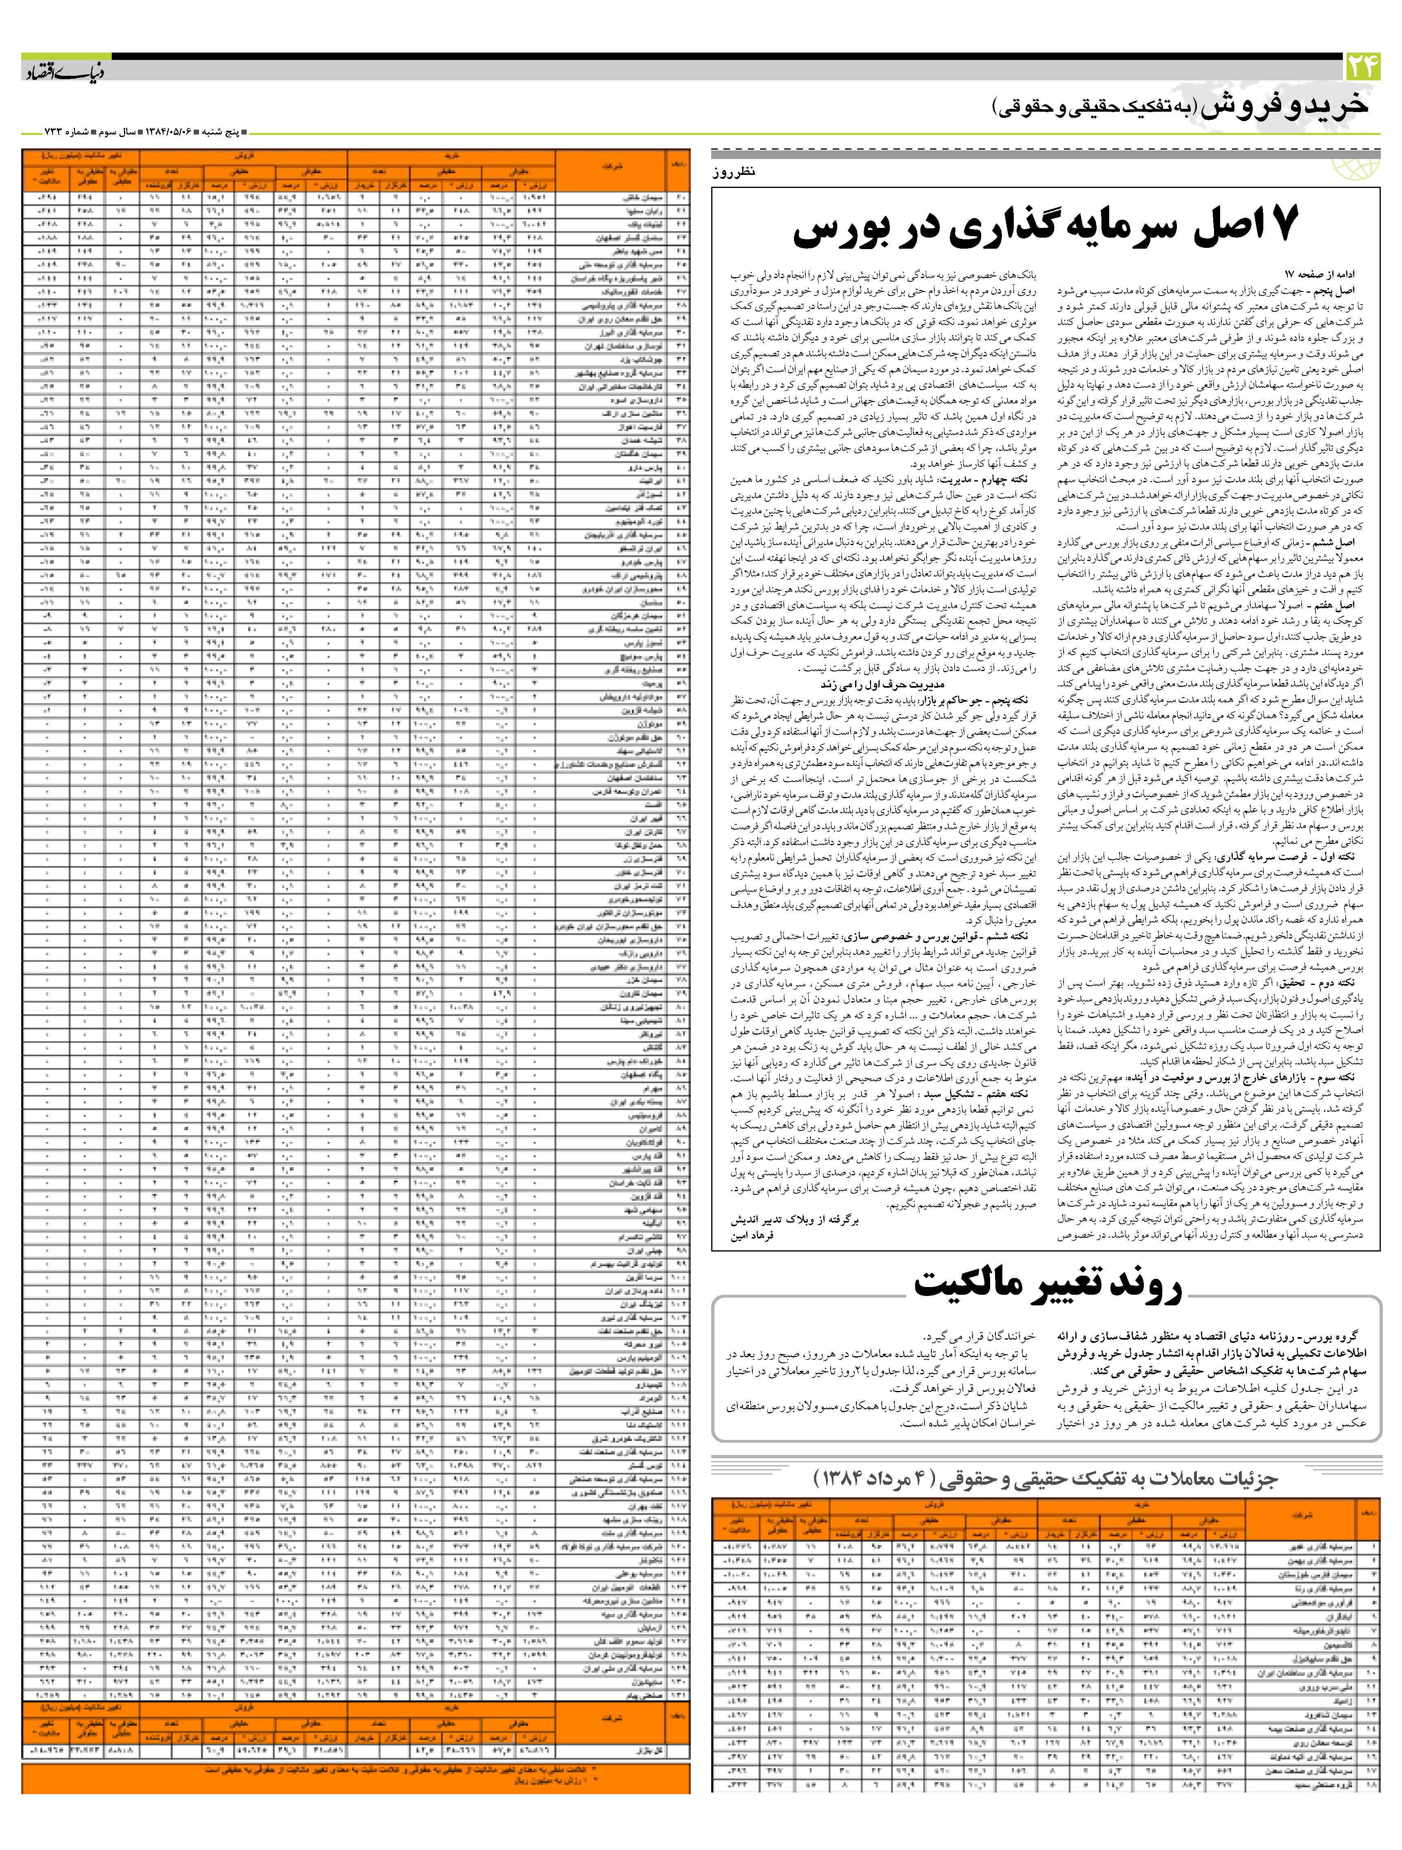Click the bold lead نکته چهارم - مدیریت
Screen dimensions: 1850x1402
(992, 481)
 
